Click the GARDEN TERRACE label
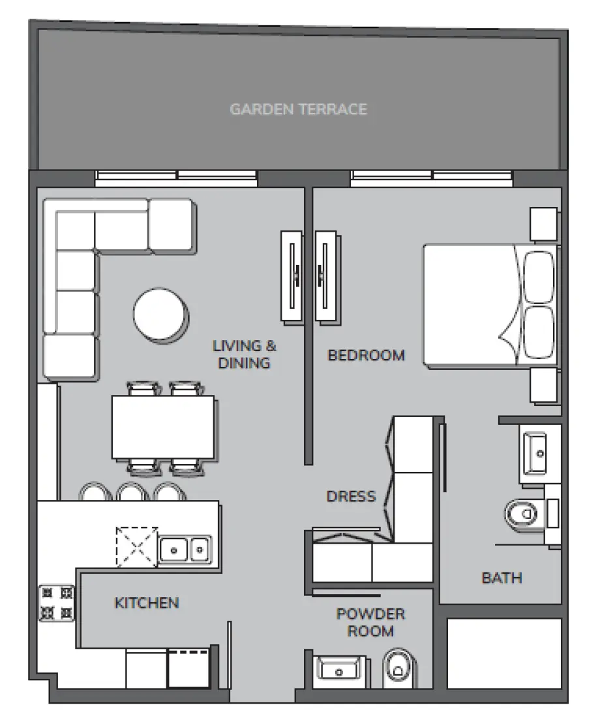coord(298,108)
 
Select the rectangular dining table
coord(164,428)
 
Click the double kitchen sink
coord(185,550)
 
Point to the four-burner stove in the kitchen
coord(57,603)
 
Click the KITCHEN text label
coord(147,602)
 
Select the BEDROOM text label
coord(366,355)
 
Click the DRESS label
coord(352,496)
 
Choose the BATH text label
coord(502,578)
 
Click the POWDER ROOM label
coord(370,623)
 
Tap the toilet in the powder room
coord(397,668)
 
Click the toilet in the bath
coord(522,514)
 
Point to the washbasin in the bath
coord(539,451)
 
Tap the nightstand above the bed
coord(543,225)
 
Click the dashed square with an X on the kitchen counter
coord(137,547)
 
